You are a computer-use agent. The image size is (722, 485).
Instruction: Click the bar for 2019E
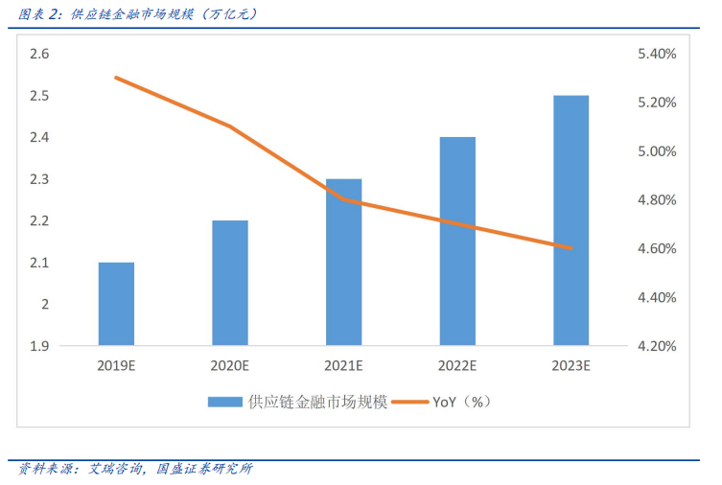(x=116, y=304)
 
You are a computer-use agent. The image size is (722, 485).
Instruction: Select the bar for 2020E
(x=230, y=283)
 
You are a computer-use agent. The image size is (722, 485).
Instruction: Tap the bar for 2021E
(x=343, y=262)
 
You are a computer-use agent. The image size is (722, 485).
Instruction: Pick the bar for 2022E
(x=457, y=241)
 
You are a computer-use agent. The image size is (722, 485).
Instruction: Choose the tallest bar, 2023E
(x=571, y=220)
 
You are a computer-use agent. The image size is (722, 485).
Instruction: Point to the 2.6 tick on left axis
(x=39, y=55)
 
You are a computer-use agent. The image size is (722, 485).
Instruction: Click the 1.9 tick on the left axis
(x=39, y=345)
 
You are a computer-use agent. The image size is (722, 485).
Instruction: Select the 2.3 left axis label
(x=39, y=179)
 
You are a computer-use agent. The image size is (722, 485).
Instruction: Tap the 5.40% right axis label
(x=657, y=55)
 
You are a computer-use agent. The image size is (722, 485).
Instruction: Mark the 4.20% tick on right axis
(x=657, y=345)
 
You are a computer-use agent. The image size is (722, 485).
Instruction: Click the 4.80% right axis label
(x=657, y=200)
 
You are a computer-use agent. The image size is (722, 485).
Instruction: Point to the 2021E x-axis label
(x=343, y=365)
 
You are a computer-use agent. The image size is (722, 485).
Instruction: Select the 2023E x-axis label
(x=571, y=365)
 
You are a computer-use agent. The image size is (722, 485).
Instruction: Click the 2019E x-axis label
(x=116, y=365)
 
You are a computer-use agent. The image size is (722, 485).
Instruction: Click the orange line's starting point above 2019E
(x=116, y=78)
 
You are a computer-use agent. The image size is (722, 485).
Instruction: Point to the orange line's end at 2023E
(x=571, y=248)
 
